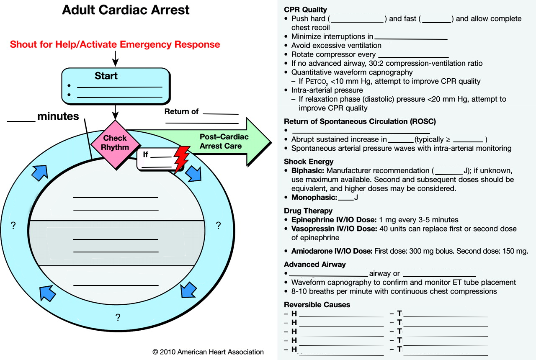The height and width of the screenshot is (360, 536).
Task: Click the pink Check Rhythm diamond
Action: pos(115,143)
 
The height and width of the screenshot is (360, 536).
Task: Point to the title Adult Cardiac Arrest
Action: pos(126,10)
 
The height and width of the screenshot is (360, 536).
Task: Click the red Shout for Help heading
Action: pos(115,44)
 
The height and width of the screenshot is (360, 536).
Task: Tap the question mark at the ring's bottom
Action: pos(118,318)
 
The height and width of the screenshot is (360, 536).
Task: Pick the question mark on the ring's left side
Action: pos(13,226)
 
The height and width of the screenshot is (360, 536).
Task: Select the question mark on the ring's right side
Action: pos(218,226)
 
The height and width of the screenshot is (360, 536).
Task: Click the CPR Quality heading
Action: pos(305,10)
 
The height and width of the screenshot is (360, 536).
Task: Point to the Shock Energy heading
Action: pos(309,162)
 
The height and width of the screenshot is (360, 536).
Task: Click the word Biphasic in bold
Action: pos(308,171)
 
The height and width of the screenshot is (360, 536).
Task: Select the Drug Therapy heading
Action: pos(308,211)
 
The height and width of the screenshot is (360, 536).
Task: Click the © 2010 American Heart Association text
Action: pos(208,352)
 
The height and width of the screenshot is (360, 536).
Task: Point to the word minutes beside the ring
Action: pos(58,116)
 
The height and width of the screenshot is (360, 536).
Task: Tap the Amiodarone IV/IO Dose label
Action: pos(332,251)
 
